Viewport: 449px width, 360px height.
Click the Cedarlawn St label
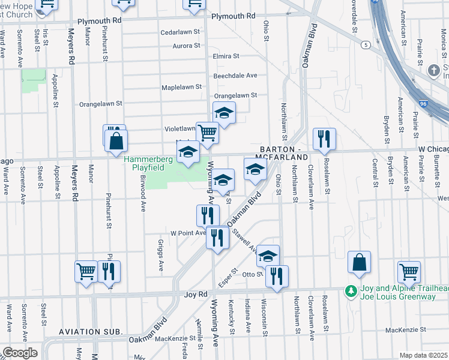179,32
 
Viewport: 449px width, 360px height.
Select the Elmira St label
226,56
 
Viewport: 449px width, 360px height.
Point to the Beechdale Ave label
235,76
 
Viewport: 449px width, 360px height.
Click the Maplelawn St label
181,88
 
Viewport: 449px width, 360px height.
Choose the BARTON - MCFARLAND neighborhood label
284,152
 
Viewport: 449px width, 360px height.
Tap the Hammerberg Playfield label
148,164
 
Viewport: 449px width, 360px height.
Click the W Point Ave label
188,233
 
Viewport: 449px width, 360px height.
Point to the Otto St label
253,274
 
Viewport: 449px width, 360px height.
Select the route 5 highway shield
365,45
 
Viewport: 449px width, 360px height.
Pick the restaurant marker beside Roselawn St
324,139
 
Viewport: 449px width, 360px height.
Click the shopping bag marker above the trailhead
359,263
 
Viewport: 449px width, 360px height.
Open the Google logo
19,353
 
